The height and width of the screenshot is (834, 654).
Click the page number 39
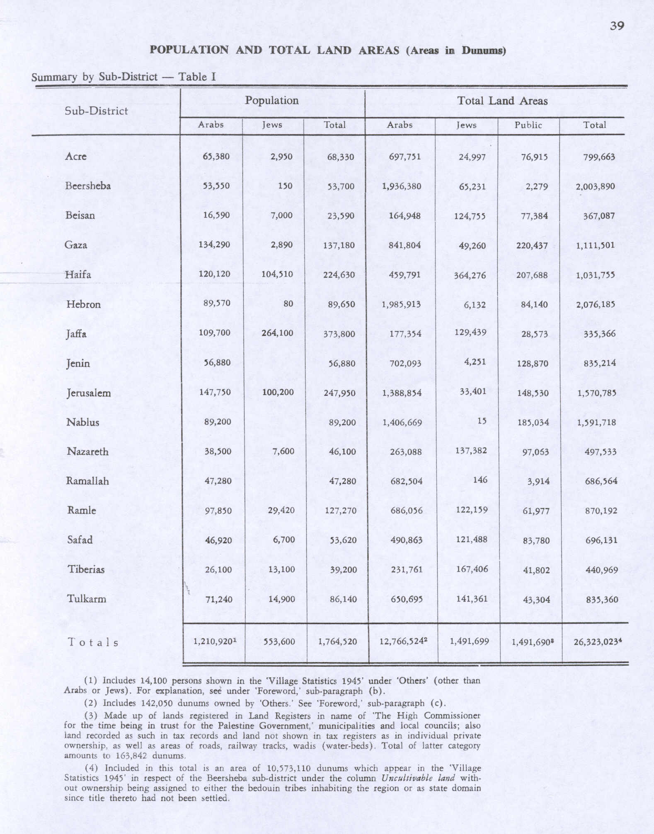pos(617,26)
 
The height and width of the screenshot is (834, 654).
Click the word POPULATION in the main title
pos(189,50)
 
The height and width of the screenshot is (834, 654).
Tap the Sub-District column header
pos(96,111)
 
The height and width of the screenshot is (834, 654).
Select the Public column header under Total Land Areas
pos(528,125)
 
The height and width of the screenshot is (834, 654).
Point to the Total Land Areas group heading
pos(502,101)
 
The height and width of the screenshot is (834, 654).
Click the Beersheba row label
pos(88,186)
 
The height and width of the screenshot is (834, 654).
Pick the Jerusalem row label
pos(89,393)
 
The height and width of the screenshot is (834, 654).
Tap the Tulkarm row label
pos(87,599)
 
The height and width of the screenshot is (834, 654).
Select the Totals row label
pos(93,643)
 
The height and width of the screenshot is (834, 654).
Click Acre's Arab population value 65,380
pos(216,157)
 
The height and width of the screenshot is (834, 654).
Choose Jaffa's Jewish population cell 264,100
pos(277,333)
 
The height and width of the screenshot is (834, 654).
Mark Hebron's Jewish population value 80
pos(288,304)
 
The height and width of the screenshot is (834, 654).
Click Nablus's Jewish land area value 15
pos(482,421)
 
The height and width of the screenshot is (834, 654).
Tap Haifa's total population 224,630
pos(339,275)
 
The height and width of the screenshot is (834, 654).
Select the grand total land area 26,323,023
pos(596,642)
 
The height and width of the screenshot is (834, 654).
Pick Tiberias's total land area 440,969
pos(601,570)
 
